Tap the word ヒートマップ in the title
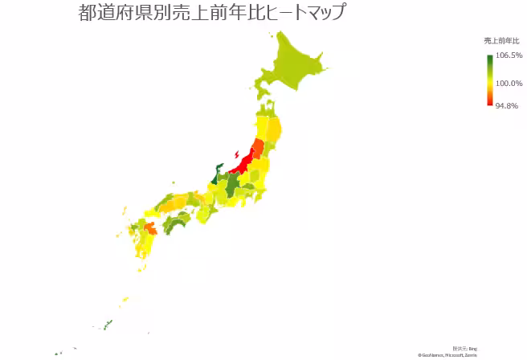(x=297, y=14)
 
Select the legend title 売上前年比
(x=501, y=40)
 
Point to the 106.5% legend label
(x=509, y=55)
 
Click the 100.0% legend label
(x=509, y=84)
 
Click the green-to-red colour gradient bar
(x=489, y=80)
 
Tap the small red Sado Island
(x=235, y=153)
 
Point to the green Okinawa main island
(x=107, y=324)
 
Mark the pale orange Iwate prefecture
(x=273, y=130)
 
